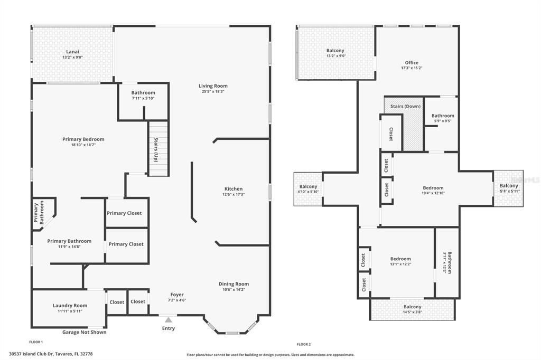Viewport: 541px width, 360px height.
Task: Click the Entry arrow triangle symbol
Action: click(x=168, y=319)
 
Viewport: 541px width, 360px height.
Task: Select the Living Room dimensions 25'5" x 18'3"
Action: click(x=213, y=91)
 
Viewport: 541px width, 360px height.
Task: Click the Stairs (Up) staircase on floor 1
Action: click(x=158, y=149)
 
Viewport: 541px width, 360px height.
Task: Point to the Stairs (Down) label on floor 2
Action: click(x=405, y=106)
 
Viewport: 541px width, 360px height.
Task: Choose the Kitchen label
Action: click(x=234, y=188)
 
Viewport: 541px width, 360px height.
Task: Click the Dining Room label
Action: click(x=234, y=284)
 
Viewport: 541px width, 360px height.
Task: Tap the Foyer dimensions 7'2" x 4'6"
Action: click(x=176, y=300)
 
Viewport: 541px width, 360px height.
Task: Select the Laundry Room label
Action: click(x=70, y=306)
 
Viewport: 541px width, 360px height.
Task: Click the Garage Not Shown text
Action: click(x=84, y=332)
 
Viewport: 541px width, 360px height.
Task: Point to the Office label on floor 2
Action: click(x=412, y=63)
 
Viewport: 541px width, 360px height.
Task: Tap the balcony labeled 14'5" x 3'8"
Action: click(x=413, y=309)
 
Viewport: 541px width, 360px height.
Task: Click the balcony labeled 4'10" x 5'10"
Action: click(x=309, y=189)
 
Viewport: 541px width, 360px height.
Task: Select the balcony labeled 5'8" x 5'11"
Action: click(x=509, y=188)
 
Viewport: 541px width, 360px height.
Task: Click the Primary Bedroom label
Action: click(x=83, y=139)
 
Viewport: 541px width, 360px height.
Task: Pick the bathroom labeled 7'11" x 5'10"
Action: click(x=143, y=95)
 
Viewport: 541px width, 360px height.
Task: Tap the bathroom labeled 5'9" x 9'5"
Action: click(x=442, y=118)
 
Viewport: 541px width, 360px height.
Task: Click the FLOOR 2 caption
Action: click(x=304, y=344)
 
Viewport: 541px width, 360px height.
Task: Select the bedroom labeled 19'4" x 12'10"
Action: click(x=433, y=191)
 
